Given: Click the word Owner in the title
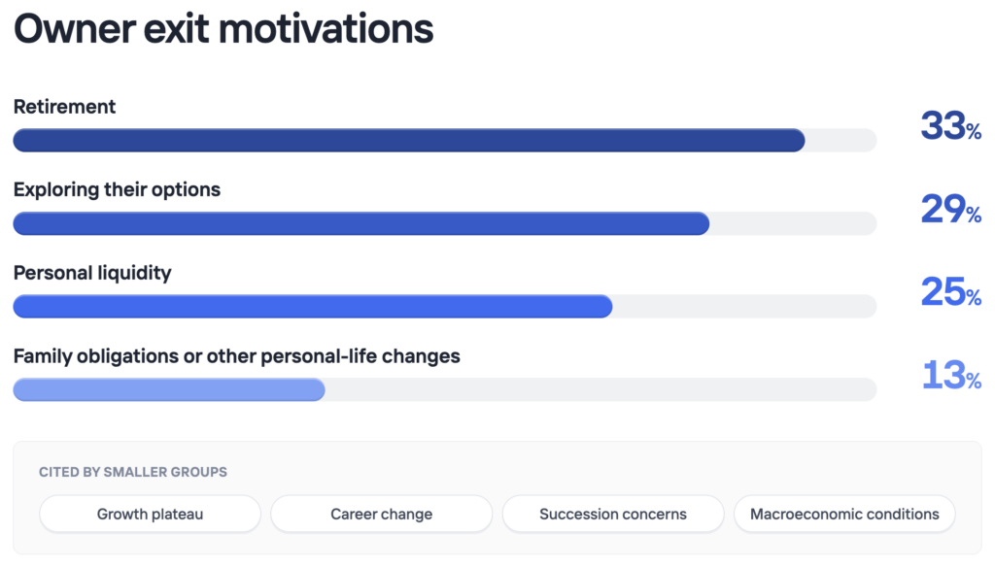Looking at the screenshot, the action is coord(74,29).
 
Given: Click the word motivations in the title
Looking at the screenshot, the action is coord(326,29).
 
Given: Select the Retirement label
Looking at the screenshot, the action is coord(64,107).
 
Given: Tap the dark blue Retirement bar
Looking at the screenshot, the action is coord(409,140).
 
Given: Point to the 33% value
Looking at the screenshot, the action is coord(950,125).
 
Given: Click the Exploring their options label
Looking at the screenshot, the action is coord(117,189).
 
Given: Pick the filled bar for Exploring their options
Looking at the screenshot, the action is coord(361,223).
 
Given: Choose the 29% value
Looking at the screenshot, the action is coord(950,209).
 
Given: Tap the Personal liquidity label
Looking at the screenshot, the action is coord(92,273).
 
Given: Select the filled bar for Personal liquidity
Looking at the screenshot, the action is coord(313,306).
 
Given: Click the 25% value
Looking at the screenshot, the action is coord(950,291).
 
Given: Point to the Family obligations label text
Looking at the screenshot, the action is coord(237,356).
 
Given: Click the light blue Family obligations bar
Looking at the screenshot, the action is coord(169,389).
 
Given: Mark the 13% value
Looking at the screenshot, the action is coord(951,375).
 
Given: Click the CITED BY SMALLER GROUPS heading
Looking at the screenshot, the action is coord(132,472).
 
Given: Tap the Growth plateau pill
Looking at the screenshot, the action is coord(150,515).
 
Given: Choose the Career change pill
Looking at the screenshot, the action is coord(381,515).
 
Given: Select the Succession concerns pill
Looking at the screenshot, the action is coord(613,515).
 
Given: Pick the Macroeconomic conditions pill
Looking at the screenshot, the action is coord(844,515).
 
